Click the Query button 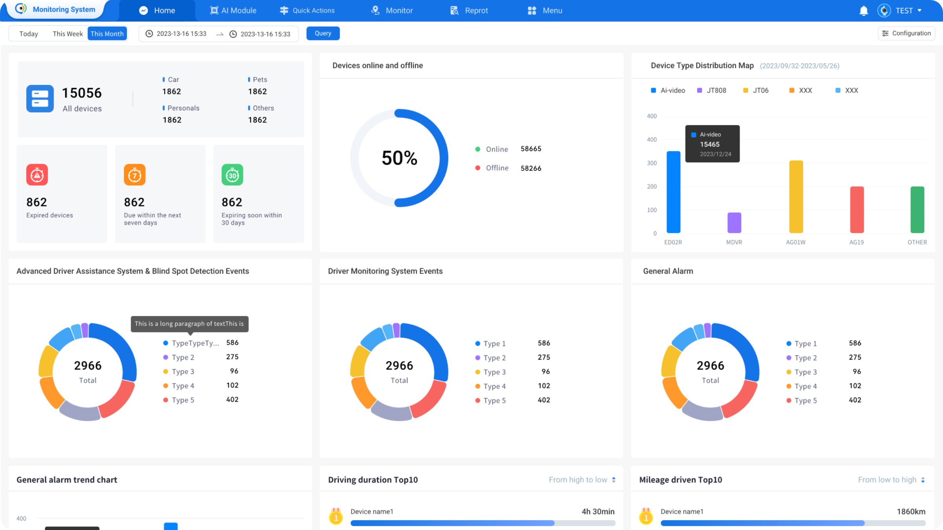323,33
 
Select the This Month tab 107,34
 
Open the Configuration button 906,33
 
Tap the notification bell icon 863,11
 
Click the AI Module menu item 233,11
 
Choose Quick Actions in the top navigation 307,11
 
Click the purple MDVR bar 734,223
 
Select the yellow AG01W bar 796,196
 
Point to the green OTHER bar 917,210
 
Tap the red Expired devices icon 37,175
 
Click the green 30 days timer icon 232,175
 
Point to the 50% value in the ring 399,158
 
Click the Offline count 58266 531,168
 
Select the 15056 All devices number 82,93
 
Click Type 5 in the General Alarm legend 805,400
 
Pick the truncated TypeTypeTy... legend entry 195,343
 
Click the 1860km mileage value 911,512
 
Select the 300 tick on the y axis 652,163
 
